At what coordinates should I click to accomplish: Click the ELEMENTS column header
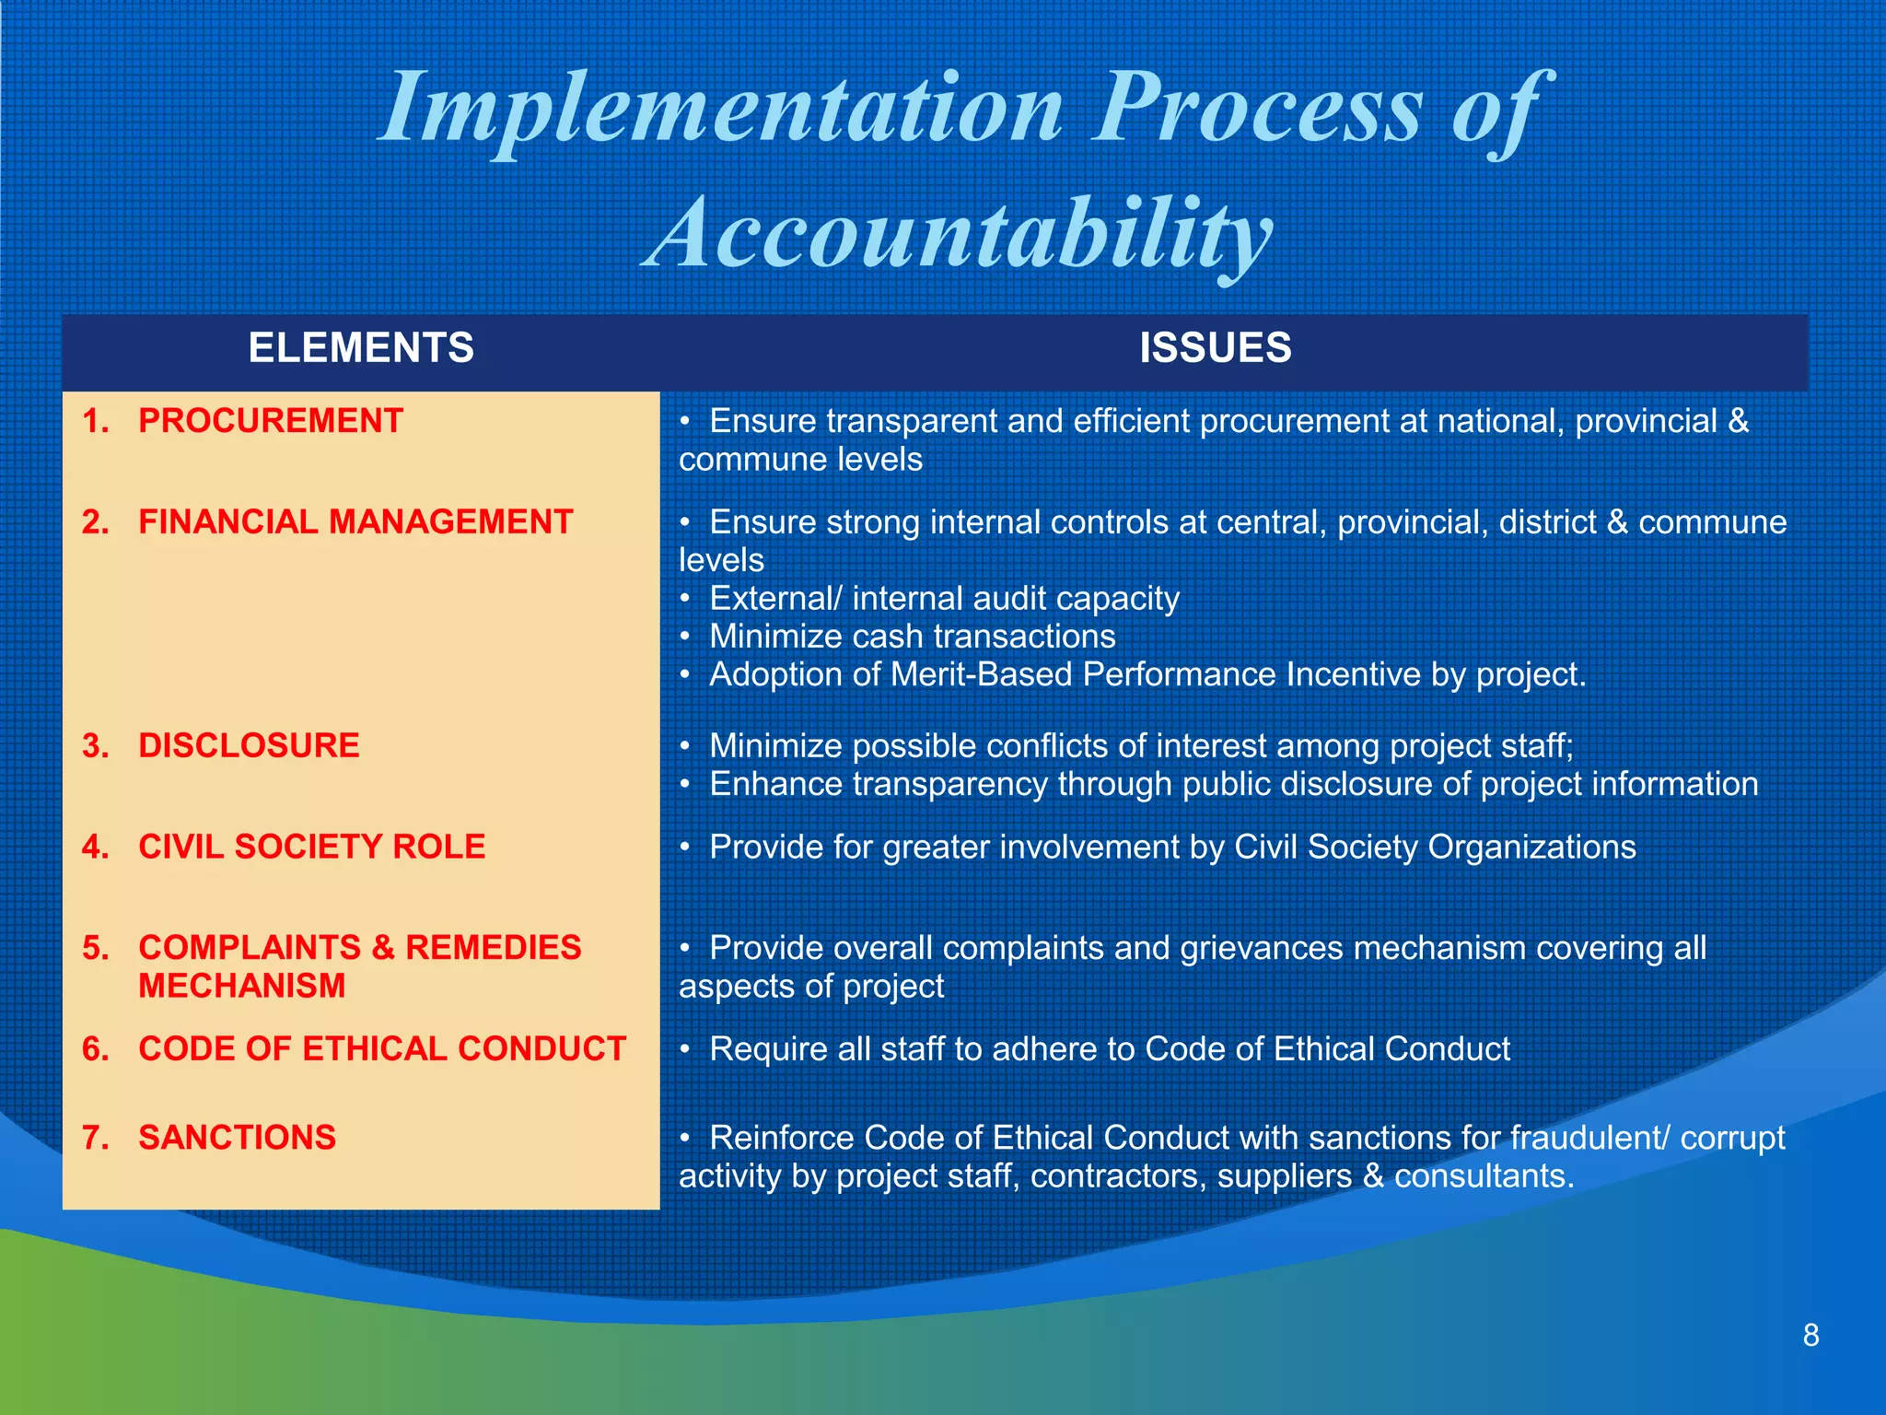[x=361, y=348]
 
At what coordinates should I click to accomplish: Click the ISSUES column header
[x=1215, y=348]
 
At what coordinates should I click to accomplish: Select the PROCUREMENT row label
[x=271, y=421]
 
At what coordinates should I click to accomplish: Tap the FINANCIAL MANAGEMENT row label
[x=355, y=522]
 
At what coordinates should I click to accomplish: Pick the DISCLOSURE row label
[x=249, y=745]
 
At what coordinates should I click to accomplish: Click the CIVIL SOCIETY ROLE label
[x=311, y=847]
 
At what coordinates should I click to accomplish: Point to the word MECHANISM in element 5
[x=242, y=986]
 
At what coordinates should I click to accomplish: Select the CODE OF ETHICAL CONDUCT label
[x=382, y=1048]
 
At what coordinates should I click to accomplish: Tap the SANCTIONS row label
[x=238, y=1137]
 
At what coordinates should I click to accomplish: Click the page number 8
[x=1810, y=1336]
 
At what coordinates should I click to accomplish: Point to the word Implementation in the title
[x=722, y=109]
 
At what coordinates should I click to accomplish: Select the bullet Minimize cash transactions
[x=912, y=637]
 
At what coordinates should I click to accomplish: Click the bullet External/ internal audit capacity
[x=944, y=599]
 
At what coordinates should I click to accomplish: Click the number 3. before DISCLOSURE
[x=95, y=745]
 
